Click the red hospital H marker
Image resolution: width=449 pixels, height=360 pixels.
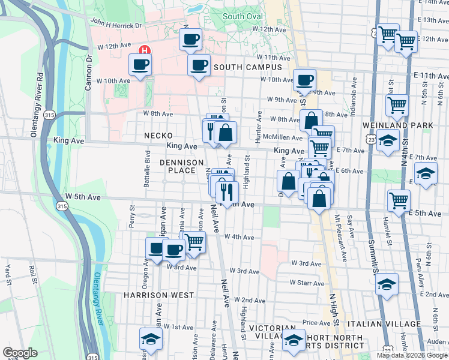click(x=144, y=50)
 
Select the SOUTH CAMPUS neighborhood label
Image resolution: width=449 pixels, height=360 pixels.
click(x=247, y=67)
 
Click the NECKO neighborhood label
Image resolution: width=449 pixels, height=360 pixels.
click(x=158, y=136)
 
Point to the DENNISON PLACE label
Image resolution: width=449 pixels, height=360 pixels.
click(x=178, y=166)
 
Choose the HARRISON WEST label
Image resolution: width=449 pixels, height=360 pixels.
click(x=158, y=295)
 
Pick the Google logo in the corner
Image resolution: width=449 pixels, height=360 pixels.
click(x=20, y=353)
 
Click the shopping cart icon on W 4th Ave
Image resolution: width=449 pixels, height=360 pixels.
click(x=194, y=242)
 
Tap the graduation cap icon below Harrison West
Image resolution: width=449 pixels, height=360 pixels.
click(x=149, y=340)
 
